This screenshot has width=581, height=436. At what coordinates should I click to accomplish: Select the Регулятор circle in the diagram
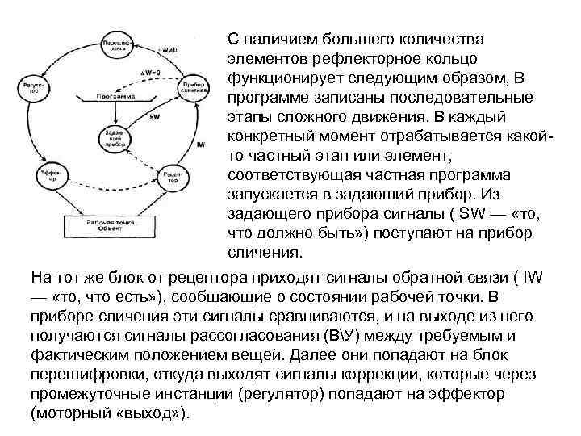pos(38,87)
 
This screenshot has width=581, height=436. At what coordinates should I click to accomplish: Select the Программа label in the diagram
pos(115,95)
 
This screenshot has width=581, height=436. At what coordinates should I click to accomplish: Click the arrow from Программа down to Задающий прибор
pos(113,111)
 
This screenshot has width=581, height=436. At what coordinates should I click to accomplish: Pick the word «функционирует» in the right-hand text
pos(281,78)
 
